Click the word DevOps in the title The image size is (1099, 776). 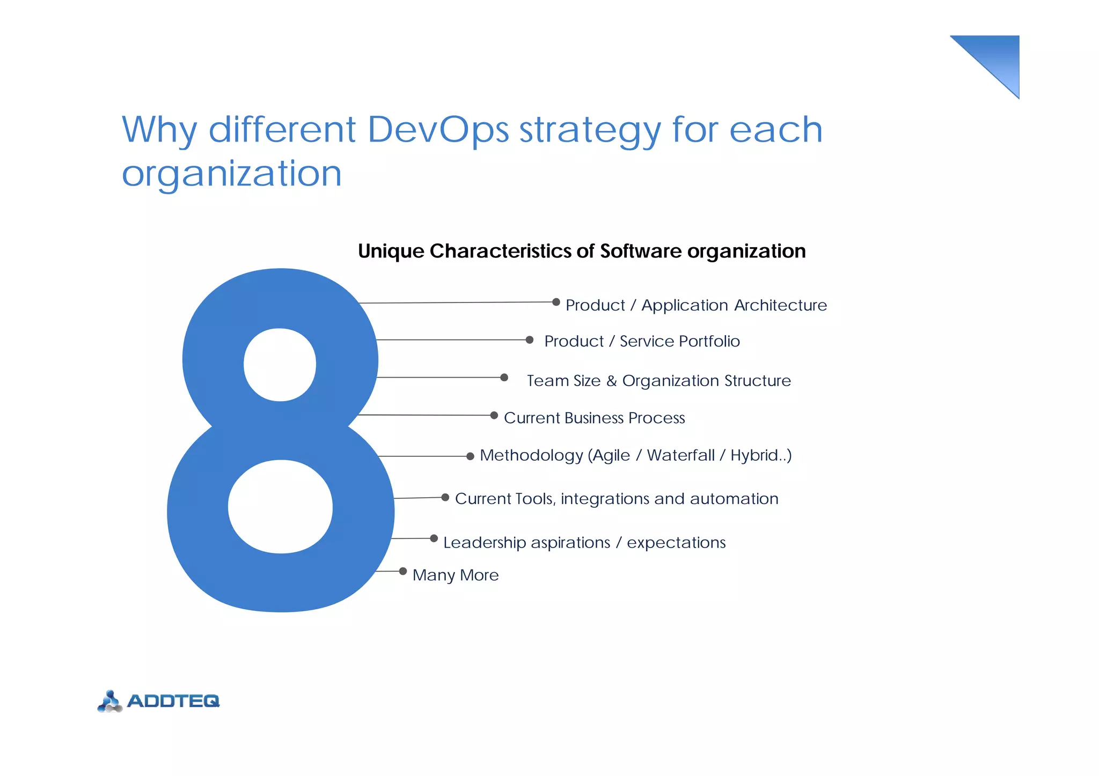coord(438,130)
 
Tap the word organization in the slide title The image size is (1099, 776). coord(231,174)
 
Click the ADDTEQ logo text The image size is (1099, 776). coord(173,701)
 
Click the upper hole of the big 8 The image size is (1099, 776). coord(280,365)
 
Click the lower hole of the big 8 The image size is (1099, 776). coord(280,506)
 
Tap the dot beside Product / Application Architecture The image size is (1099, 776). coord(556,302)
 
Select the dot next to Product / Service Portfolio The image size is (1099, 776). coord(530,339)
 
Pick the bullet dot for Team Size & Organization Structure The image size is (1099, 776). coord(504,378)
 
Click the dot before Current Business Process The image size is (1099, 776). coord(494,415)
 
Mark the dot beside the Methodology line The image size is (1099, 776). coord(470,456)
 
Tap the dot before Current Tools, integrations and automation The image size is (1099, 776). coord(445,497)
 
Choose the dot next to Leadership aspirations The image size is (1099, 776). coord(434,538)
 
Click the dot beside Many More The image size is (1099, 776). coord(402,571)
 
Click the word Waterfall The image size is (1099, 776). coord(680,455)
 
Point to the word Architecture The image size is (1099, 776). coord(780,305)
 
